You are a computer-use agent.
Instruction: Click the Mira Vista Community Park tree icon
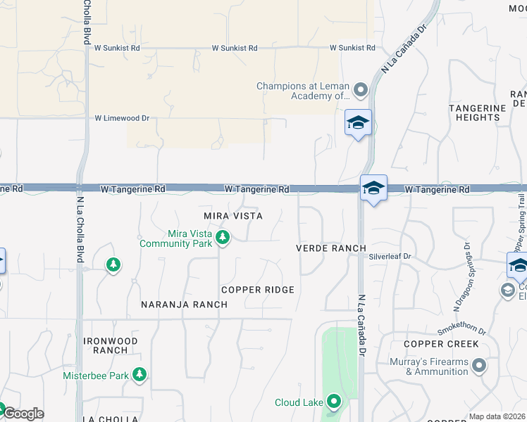point(223,238)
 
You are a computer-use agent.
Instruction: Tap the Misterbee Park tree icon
point(140,374)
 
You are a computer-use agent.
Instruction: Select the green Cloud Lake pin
point(334,402)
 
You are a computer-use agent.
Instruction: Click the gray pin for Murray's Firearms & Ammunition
point(479,366)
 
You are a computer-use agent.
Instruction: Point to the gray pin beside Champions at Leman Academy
point(361,90)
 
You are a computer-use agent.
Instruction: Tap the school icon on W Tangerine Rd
point(373,188)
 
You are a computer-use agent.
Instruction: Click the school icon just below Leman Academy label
point(358,123)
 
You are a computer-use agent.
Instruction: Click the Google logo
point(23,414)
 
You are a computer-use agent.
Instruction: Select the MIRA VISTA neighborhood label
point(232,216)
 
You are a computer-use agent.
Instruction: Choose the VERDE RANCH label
point(330,248)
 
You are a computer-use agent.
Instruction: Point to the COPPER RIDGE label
point(257,290)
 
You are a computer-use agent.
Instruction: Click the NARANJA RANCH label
point(184,305)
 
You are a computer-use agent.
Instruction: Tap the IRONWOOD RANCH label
point(111,345)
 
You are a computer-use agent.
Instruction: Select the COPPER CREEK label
point(442,344)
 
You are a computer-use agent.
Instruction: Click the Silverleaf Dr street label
point(390,257)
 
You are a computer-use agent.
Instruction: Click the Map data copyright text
point(497,417)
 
